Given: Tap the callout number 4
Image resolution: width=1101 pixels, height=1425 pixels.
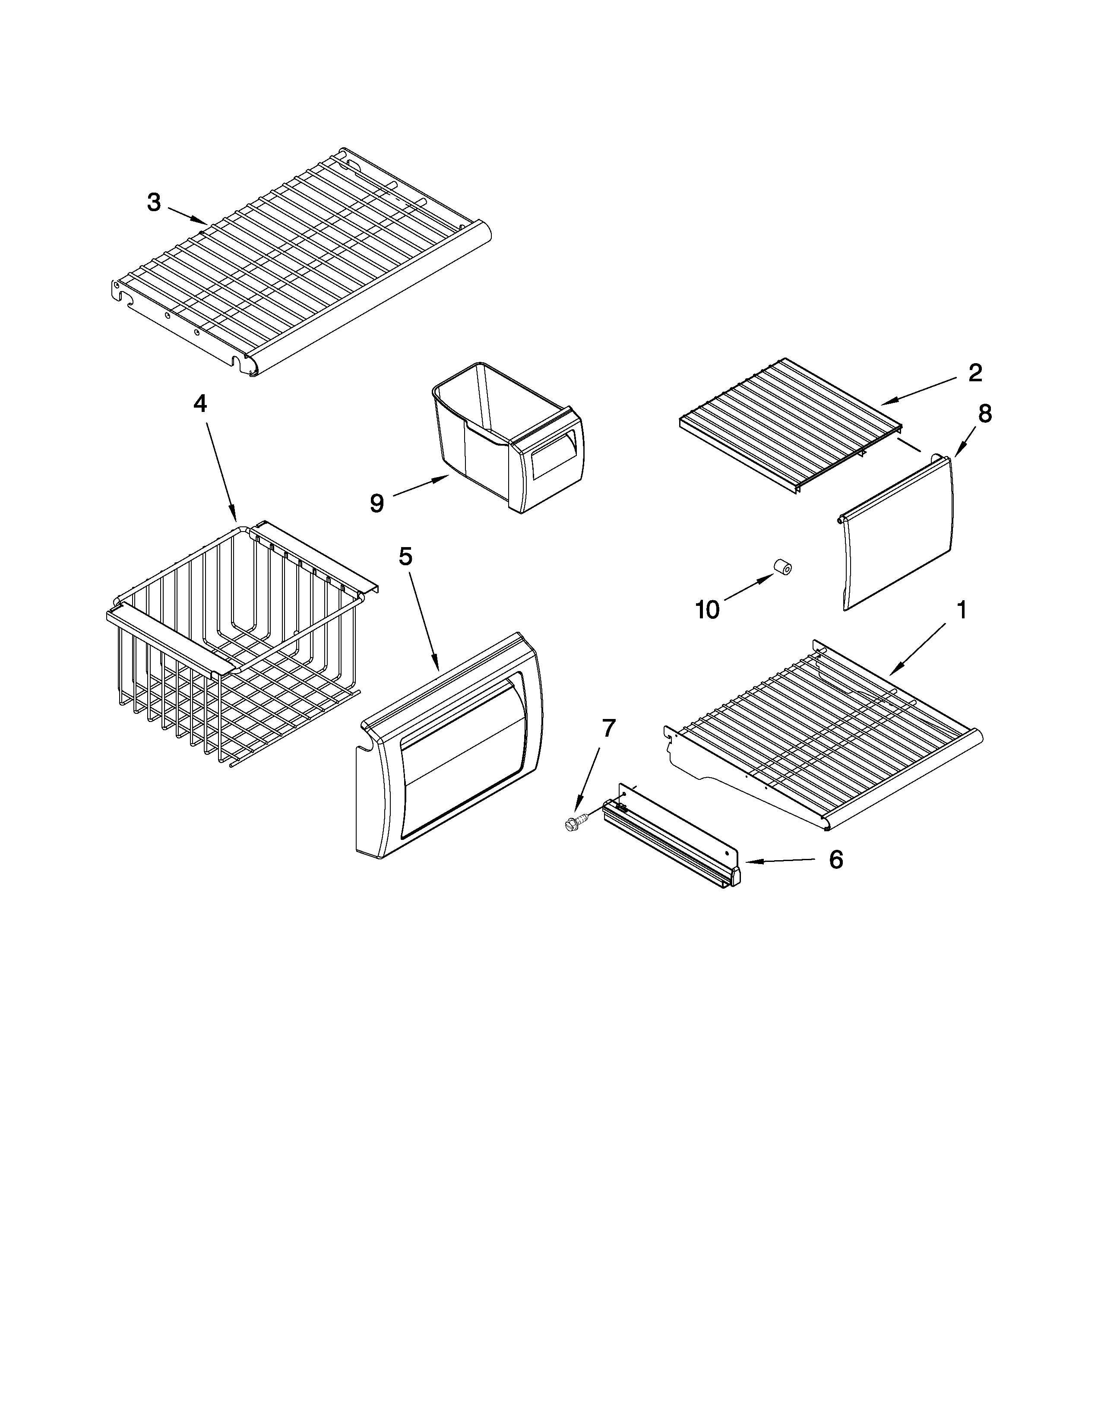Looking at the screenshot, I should [x=200, y=404].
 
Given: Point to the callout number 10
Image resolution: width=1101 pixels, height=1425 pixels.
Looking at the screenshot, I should [x=707, y=609].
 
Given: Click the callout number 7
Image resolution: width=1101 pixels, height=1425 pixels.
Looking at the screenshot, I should [x=608, y=728].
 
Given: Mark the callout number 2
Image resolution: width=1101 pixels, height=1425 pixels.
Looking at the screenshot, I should [x=974, y=373].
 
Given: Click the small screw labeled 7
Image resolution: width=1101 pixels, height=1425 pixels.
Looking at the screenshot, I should [x=574, y=823].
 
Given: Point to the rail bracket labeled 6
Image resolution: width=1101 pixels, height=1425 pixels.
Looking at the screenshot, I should [x=672, y=842].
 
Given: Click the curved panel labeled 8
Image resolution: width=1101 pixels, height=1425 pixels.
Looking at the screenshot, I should [x=897, y=535].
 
